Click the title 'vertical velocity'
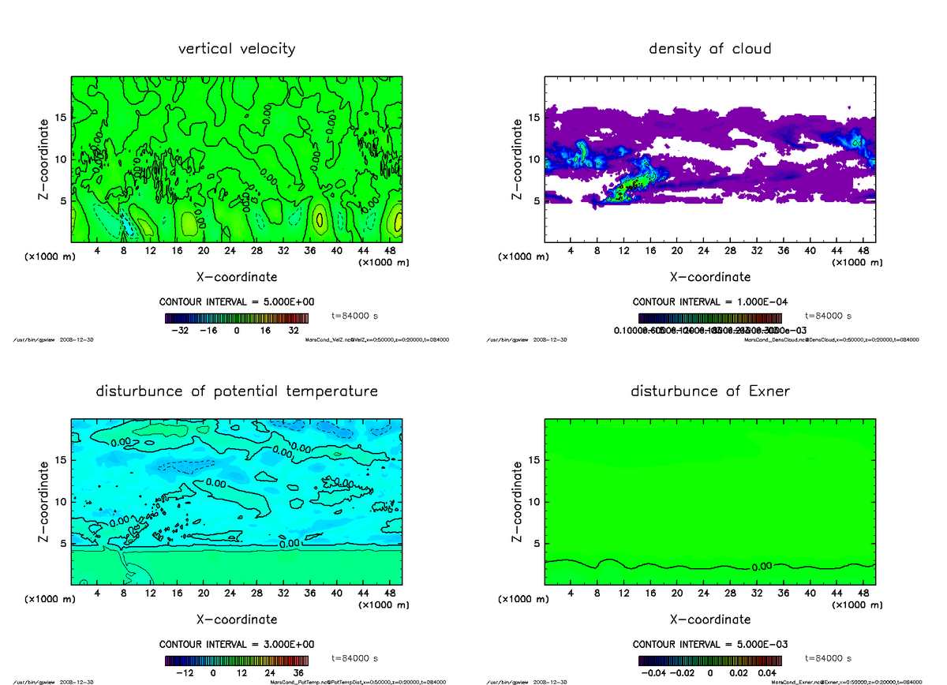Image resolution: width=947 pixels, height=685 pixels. coord(237,49)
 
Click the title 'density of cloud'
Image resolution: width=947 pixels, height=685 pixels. coord(709,49)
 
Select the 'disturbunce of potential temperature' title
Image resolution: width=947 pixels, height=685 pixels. coord(237,391)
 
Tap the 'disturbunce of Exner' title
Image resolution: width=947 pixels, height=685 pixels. coord(709,391)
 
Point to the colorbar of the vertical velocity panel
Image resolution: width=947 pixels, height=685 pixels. coord(237,318)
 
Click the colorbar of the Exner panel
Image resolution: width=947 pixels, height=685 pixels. coord(709,661)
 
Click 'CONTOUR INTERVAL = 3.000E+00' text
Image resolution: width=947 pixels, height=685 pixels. coord(237,644)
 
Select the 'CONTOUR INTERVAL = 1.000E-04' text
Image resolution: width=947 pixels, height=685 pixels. coord(709,301)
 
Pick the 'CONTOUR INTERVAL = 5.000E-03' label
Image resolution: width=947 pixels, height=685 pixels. coord(709,644)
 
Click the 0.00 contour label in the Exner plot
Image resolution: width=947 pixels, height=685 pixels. coord(762,567)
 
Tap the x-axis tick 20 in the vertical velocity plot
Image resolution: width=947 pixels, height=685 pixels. coord(203,251)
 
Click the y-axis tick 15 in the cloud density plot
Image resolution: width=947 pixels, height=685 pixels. coord(533,118)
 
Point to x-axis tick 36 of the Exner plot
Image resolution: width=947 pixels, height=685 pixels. coord(783,593)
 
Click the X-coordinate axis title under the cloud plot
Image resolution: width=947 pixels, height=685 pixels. coord(709,277)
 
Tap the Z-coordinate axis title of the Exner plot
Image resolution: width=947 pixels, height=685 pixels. coord(517,502)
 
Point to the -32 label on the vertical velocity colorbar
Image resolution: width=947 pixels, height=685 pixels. coord(183,331)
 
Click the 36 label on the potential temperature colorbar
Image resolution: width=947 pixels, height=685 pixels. coord(298,674)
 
